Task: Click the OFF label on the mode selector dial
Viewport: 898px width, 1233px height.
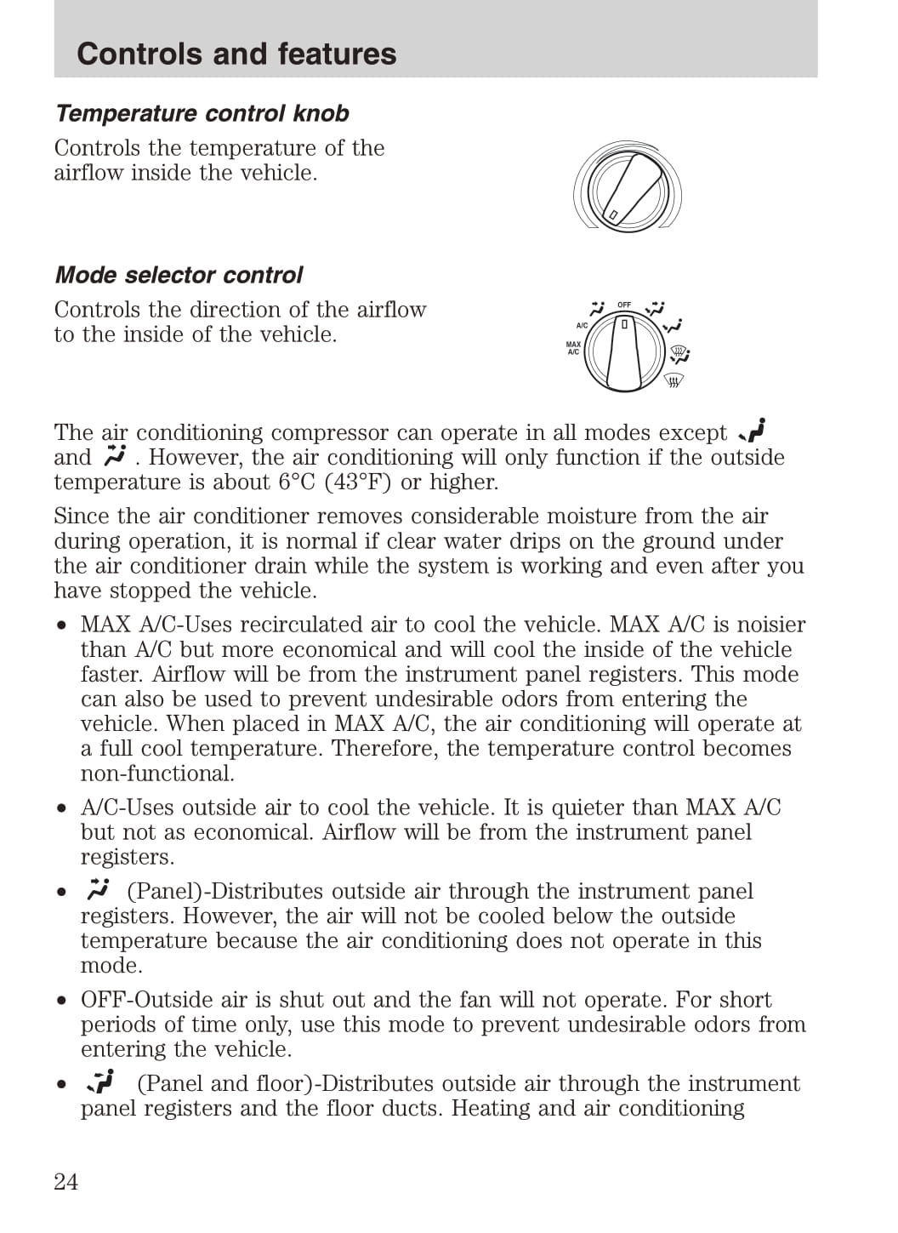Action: pos(624,305)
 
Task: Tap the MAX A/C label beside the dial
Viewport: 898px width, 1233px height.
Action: pos(573,348)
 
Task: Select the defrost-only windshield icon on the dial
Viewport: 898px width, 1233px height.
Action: pos(673,380)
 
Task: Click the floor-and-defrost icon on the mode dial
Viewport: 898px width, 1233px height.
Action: pos(679,351)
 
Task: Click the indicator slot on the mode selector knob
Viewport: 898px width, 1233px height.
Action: pos(624,324)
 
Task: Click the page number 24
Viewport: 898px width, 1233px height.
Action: pos(65,1181)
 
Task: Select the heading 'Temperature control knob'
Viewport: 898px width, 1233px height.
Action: pos(202,113)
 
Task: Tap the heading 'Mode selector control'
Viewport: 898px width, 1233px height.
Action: pos(179,275)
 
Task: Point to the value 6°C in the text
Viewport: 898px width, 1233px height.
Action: pos(298,482)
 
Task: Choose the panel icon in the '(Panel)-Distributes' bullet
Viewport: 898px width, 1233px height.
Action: pos(99,889)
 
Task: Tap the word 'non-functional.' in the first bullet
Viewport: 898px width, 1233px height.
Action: pos(157,773)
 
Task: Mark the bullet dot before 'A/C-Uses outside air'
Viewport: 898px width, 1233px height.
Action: pos(62,808)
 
